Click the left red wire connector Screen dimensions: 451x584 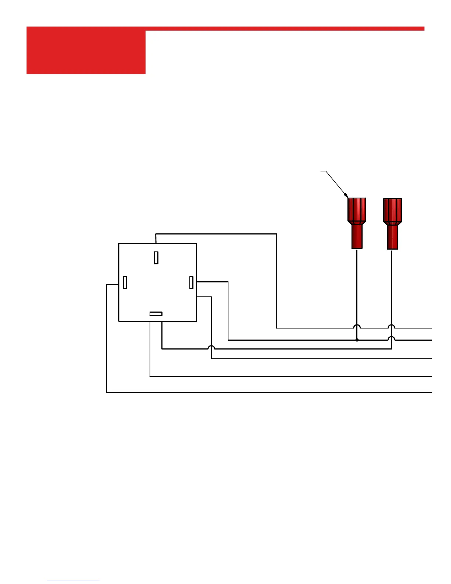(357, 223)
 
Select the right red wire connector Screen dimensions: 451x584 (392, 223)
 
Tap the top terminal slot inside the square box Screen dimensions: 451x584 (156, 258)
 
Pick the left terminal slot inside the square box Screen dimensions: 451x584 (125, 282)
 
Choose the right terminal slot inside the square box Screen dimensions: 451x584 (191, 282)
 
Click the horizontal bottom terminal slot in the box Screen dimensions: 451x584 (156, 314)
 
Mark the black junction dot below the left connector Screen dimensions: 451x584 (357, 340)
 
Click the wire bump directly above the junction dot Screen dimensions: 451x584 (357, 326)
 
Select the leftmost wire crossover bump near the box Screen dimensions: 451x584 (211, 347)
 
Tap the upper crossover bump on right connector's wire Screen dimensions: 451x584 (391, 326)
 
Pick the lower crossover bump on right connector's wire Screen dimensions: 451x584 (391, 338)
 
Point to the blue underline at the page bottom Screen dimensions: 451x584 (73, 581)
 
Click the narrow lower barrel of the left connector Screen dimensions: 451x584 (357, 237)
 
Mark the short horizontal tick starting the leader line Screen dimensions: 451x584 (323, 171)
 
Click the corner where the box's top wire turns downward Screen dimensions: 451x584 (276, 234)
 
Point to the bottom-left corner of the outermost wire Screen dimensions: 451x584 (106, 392)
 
